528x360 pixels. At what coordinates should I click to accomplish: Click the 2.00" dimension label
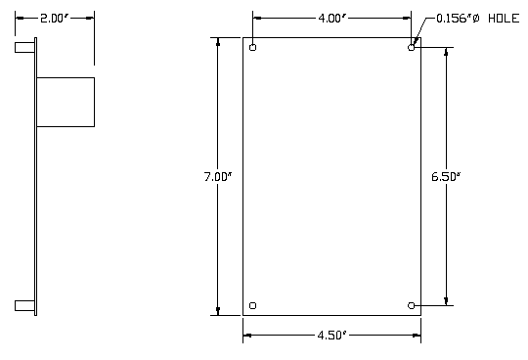[54, 19]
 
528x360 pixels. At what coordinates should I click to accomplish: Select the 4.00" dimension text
[332, 19]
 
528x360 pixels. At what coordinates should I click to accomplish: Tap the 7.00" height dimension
[218, 177]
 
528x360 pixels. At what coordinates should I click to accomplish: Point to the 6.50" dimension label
[446, 176]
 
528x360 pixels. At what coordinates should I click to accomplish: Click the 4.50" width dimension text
[331, 336]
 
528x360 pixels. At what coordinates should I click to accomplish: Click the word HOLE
[504, 19]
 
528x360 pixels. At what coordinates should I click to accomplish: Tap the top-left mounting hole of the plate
[253, 48]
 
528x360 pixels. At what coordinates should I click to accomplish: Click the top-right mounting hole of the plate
[411, 48]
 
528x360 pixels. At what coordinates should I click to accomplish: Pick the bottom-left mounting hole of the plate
[253, 305]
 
